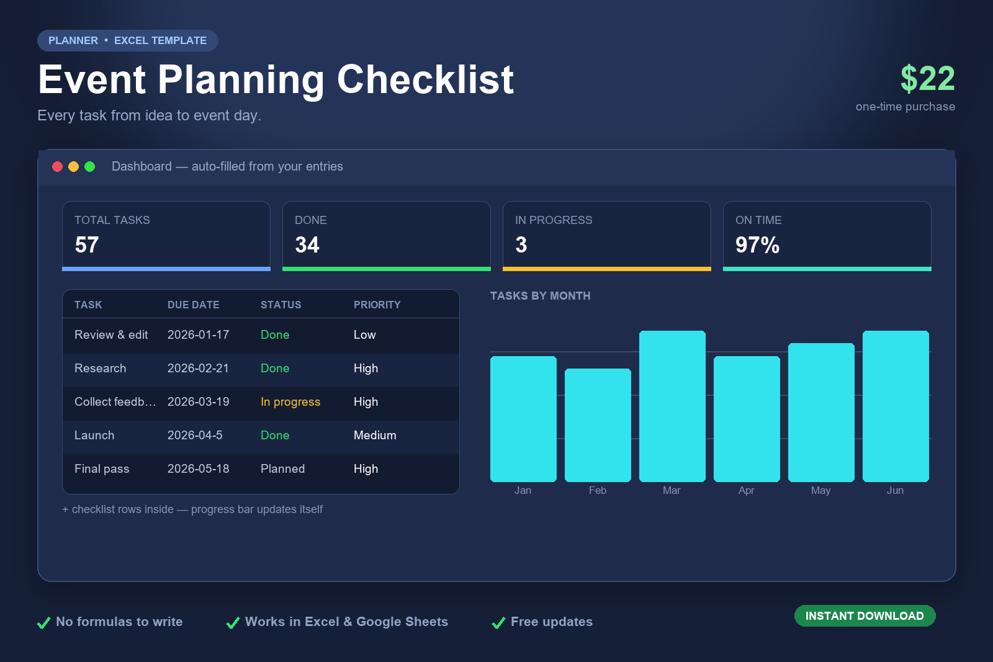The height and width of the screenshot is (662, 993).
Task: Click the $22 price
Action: tap(927, 79)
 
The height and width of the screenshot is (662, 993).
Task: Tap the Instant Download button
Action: tap(865, 616)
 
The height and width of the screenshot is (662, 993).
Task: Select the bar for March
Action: tap(672, 406)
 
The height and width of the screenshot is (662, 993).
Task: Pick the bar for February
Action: tap(598, 425)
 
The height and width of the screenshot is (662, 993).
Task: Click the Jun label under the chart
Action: tap(895, 490)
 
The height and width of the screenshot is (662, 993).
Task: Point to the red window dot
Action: tap(57, 167)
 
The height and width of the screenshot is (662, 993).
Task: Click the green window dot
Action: tap(89, 167)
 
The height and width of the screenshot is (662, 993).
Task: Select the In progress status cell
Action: tap(290, 402)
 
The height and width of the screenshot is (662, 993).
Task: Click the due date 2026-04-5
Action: tap(195, 435)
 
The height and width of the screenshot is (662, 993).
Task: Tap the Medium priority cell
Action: tap(375, 435)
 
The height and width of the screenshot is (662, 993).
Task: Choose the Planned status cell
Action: tap(283, 469)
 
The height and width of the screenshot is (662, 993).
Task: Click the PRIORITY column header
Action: tap(377, 305)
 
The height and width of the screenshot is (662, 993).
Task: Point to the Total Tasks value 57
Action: tap(87, 244)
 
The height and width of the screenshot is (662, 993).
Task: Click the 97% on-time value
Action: tap(757, 244)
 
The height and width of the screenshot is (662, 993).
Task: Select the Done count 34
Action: tap(307, 244)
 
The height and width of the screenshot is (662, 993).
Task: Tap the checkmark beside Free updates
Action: tap(499, 622)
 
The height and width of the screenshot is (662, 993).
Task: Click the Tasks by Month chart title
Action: tap(541, 296)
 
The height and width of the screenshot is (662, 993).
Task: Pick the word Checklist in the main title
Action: tap(425, 80)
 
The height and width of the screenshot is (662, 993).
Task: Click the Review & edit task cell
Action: tap(111, 334)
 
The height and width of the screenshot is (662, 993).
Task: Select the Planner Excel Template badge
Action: tap(128, 41)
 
